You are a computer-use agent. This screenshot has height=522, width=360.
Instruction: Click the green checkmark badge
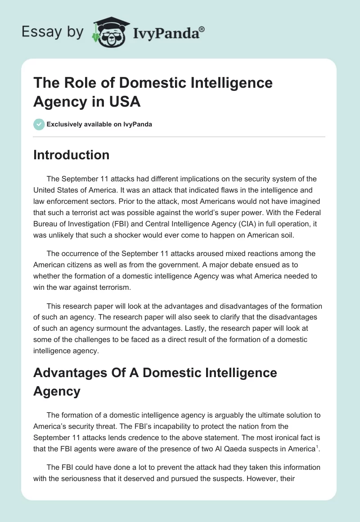[39, 124]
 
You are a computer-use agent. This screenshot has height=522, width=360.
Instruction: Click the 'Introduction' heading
[71, 155]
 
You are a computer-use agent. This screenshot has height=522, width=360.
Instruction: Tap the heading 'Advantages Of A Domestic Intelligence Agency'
[155, 382]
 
